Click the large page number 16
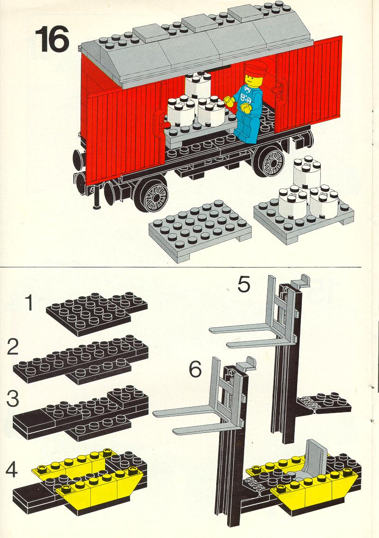pyautogui.click(x=52, y=40)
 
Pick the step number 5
pyautogui.click(x=244, y=285)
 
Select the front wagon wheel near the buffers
pyautogui.click(x=151, y=195)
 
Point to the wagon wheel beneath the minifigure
pyautogui.click(x=271, y=162)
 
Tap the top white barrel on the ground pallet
pyautogui.click(x=307, y=170)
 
